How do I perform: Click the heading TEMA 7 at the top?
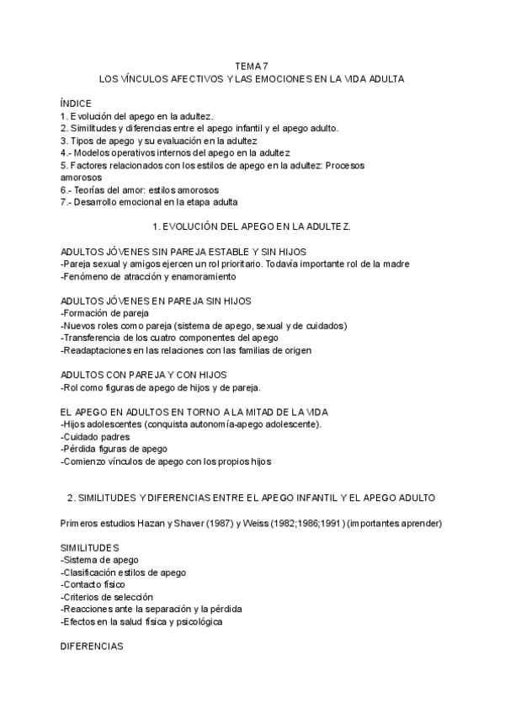[x=252, y=66]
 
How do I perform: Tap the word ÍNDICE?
[x=76, y=104]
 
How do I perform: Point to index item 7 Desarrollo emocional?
[x=150, y=203]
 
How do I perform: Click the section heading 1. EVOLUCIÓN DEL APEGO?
[x=252, y=227]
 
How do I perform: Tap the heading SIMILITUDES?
[x=90, y=548]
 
